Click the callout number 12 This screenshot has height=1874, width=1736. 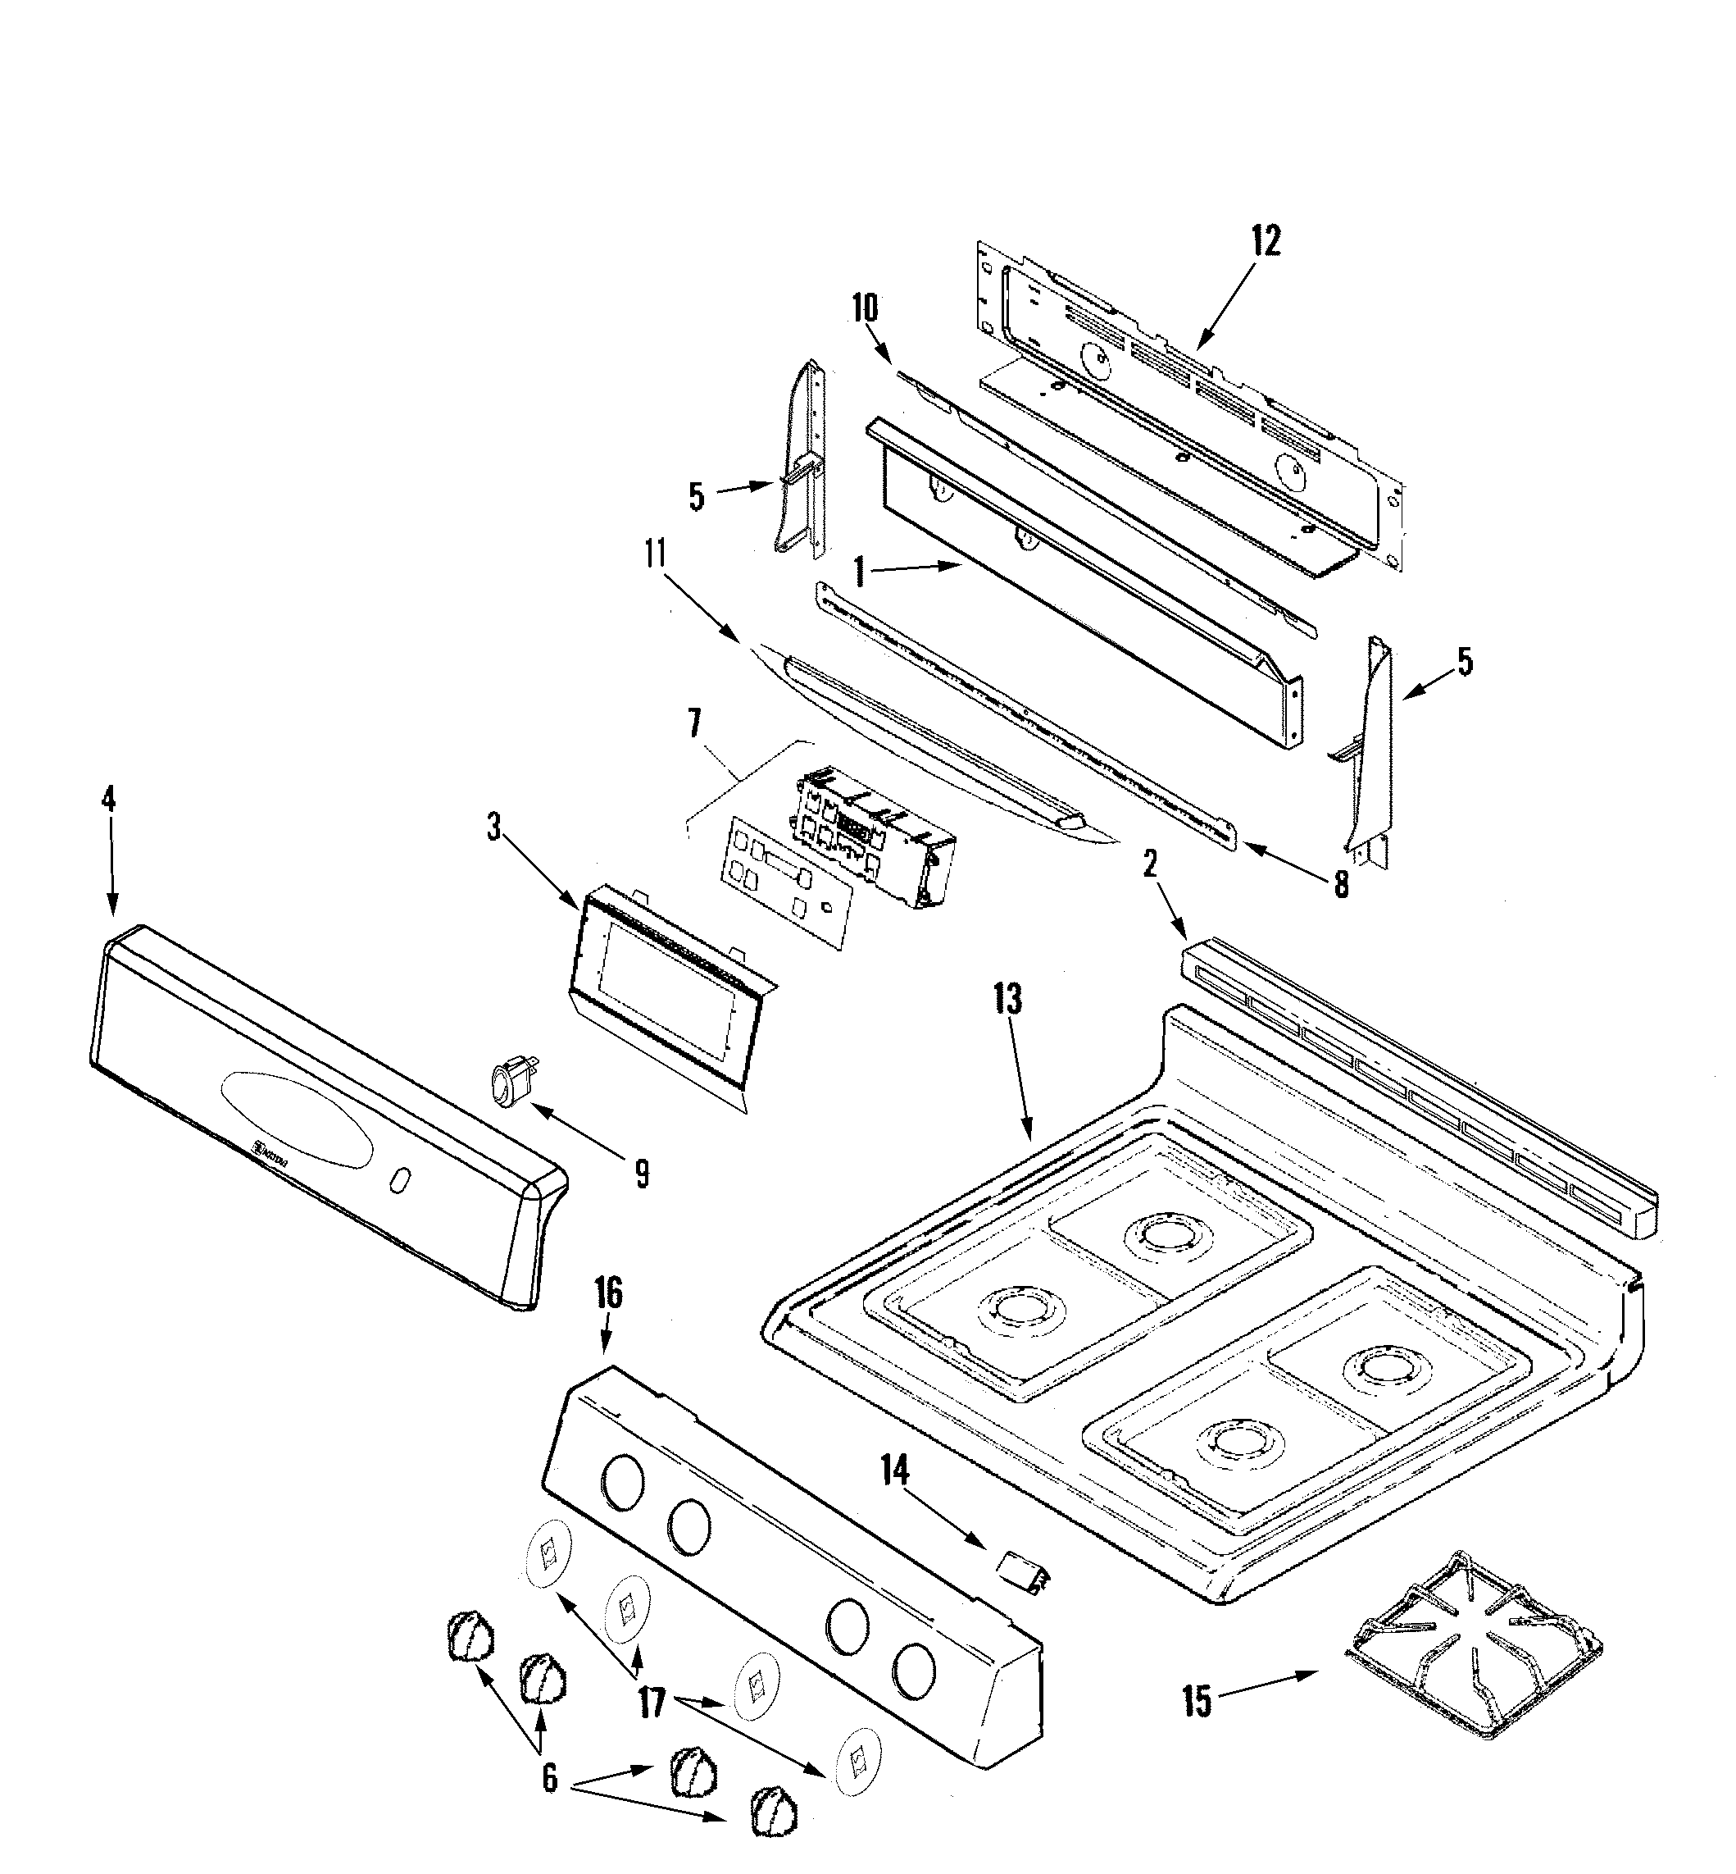coord(1266,242)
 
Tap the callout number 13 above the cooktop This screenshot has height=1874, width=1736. coord(1007,999)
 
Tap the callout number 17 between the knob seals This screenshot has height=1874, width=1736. coord(652,1703)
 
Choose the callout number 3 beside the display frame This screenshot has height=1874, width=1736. coord(493,827)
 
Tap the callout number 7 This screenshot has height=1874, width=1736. coord(694,723)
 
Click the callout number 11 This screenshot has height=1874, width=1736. coord(655,554)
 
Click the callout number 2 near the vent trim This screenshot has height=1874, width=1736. coord(1150,864)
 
